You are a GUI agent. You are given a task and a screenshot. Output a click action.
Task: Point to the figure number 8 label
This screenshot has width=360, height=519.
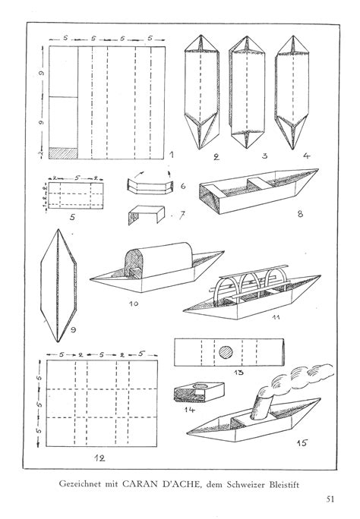point(300,214)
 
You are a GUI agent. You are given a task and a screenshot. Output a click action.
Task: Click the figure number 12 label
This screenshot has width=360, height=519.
point(101,458)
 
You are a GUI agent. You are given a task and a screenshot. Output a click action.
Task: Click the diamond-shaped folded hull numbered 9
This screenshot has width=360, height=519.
point(59,285)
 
